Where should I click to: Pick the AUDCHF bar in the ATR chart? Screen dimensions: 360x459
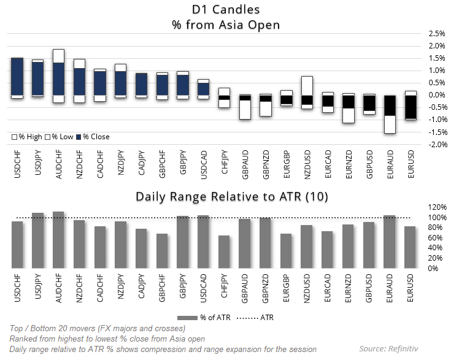(x=58, y=240)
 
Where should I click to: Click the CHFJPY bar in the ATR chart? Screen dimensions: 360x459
(x=224, y=251)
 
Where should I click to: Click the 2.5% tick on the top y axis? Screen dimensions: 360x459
(x=436, y=33)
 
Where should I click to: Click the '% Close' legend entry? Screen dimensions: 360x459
(x=94, y=137)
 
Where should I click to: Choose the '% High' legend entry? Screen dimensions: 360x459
(x=28, y=137)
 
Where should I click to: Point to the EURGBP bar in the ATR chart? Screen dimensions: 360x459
(x=286, y=250)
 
